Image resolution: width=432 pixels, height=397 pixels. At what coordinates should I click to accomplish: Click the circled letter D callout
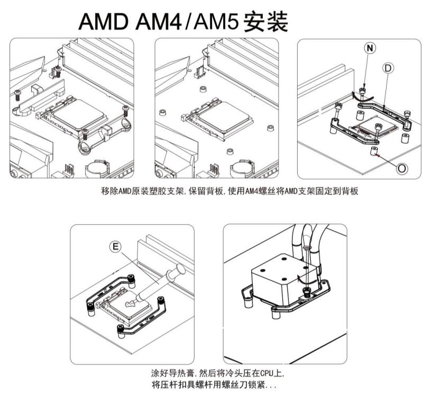click(388, 68)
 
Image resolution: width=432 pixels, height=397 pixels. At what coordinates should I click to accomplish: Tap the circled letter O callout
click(402, 168)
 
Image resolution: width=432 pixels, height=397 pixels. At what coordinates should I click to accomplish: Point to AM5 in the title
click(214, 22)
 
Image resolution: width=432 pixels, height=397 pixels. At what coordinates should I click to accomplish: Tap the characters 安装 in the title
click(266, 22)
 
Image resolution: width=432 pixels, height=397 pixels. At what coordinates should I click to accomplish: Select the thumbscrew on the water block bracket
click(306, 291)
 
